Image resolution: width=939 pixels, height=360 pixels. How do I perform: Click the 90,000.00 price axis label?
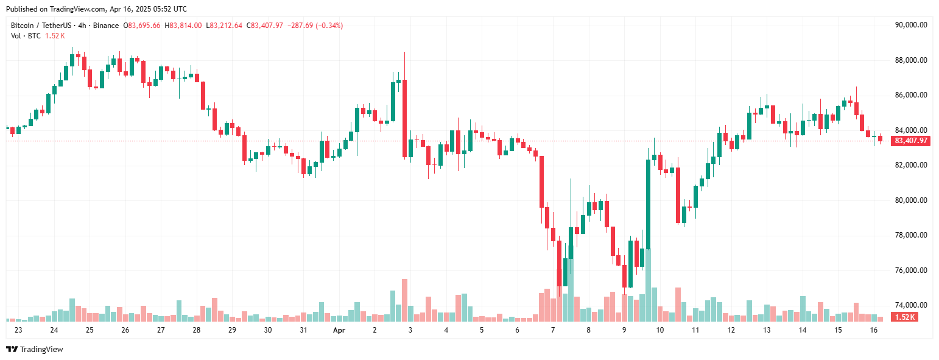[x=910, y=25]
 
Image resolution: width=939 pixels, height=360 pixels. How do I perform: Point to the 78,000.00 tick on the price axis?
[x=910, y=235]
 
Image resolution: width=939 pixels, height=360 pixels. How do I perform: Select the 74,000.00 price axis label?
[x=910, y=305]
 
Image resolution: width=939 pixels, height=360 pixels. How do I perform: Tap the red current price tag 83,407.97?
[x=911, y=141]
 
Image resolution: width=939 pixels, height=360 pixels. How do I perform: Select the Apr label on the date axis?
[x=339, y=330]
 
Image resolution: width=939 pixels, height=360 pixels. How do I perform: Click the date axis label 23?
[x=18, y=330]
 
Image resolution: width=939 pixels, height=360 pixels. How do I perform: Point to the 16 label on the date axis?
[x=874, y=330]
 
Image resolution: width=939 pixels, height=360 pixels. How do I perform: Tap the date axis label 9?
[x=624, y=330]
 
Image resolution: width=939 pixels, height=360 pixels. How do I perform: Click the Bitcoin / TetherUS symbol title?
[x=39, y=26]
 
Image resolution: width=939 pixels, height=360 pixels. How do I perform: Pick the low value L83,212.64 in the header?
[x=224, y=26]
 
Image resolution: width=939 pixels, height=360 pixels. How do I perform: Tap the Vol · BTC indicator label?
[x=26, y=36]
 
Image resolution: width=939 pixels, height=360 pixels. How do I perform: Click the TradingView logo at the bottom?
[x=35, y=349]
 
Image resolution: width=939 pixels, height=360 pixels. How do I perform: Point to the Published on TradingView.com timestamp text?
[x=96, y=9]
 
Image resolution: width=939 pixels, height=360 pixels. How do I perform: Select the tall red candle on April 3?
[x=404, y=119]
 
